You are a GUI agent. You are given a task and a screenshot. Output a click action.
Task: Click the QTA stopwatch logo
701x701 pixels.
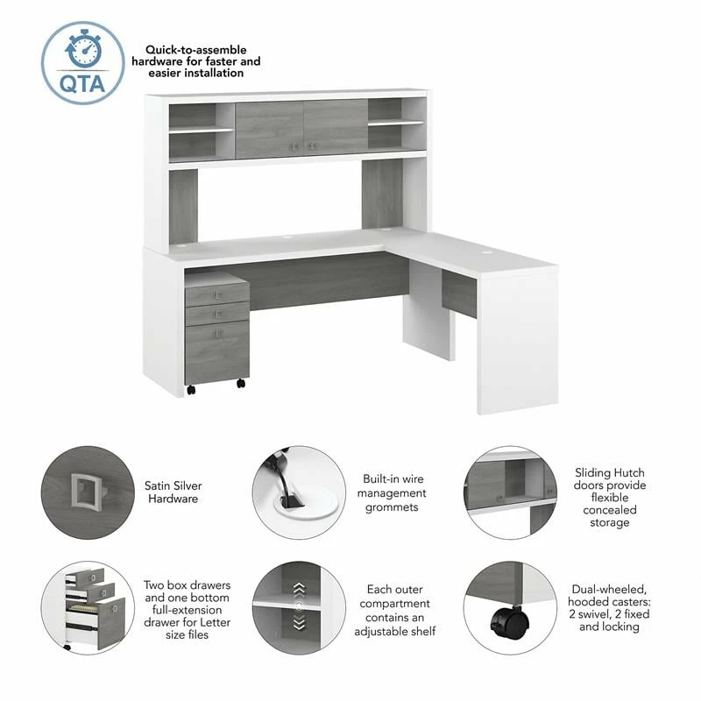[x=81, y=62]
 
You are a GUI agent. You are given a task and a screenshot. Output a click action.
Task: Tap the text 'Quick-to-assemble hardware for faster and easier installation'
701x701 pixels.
[x=195, y=61]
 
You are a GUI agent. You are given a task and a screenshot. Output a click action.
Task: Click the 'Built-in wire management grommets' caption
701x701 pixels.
[x=394, y=492]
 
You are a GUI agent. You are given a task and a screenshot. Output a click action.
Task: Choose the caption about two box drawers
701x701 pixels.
[x=176, y=608]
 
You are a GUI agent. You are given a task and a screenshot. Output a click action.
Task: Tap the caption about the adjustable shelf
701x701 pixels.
[x=394, y=611]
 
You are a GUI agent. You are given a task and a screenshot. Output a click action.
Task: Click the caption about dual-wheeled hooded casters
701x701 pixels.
[x=609, y=608]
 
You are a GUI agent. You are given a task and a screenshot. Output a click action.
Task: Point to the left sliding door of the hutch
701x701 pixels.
[x=269, y=130]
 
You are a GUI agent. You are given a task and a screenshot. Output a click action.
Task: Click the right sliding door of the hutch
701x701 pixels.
[x=336, y=128]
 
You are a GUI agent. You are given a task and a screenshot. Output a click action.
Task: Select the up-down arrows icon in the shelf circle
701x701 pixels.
[x=299, y=605]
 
